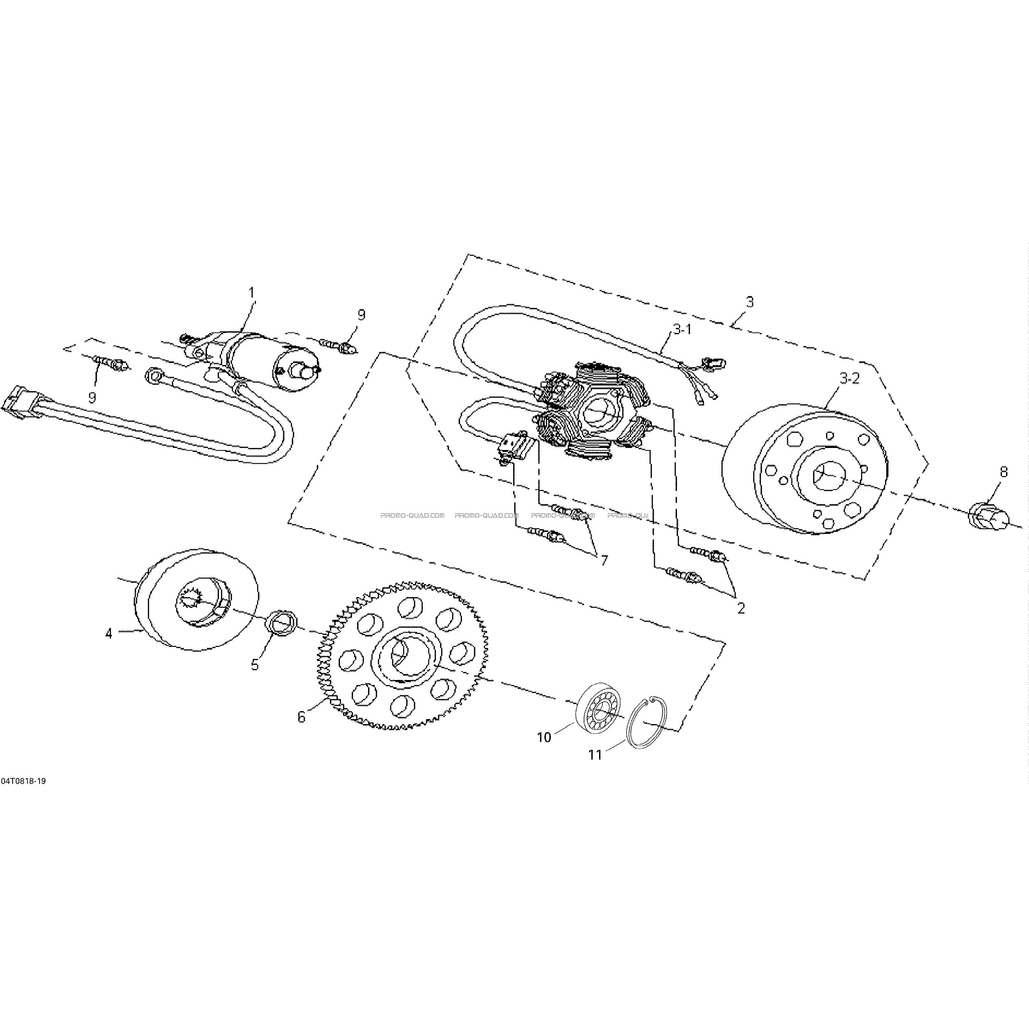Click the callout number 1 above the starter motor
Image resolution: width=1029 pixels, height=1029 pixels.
tap(252, 293)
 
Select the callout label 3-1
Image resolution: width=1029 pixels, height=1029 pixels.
tap(682, 330)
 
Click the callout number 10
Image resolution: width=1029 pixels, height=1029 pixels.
tap(544, 737)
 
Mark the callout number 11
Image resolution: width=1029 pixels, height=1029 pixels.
tap(595, 755)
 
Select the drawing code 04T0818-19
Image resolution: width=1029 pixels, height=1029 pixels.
tap(23, 781)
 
